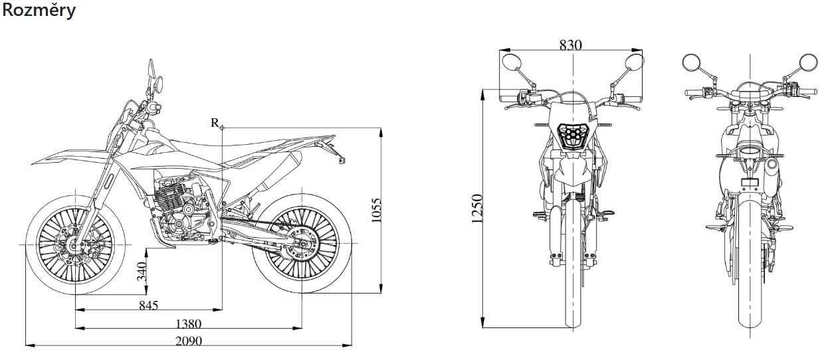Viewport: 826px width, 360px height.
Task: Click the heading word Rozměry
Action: (x=39, y=11)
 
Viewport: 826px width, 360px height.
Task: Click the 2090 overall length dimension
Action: (x=189, y=341)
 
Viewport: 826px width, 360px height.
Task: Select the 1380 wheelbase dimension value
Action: (x=189, y=324)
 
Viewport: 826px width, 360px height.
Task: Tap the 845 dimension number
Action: (x=149, y=306)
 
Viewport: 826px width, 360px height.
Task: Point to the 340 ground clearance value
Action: (x=142, y=271)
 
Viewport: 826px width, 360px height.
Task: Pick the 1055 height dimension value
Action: (x=375, y=211)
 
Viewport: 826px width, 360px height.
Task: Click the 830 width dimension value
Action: (x=570, y=45)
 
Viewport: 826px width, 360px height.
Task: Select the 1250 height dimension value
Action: (x=476, y=209)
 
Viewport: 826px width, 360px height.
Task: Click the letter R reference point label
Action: (x=215, y=123)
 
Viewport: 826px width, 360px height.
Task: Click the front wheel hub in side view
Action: (x=75, y=244)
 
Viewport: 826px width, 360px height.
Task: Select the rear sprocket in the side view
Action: (x=302, y=244)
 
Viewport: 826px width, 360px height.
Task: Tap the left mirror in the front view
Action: (x=511, y=62)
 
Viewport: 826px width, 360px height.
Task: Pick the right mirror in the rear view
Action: (x=808, y=62)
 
